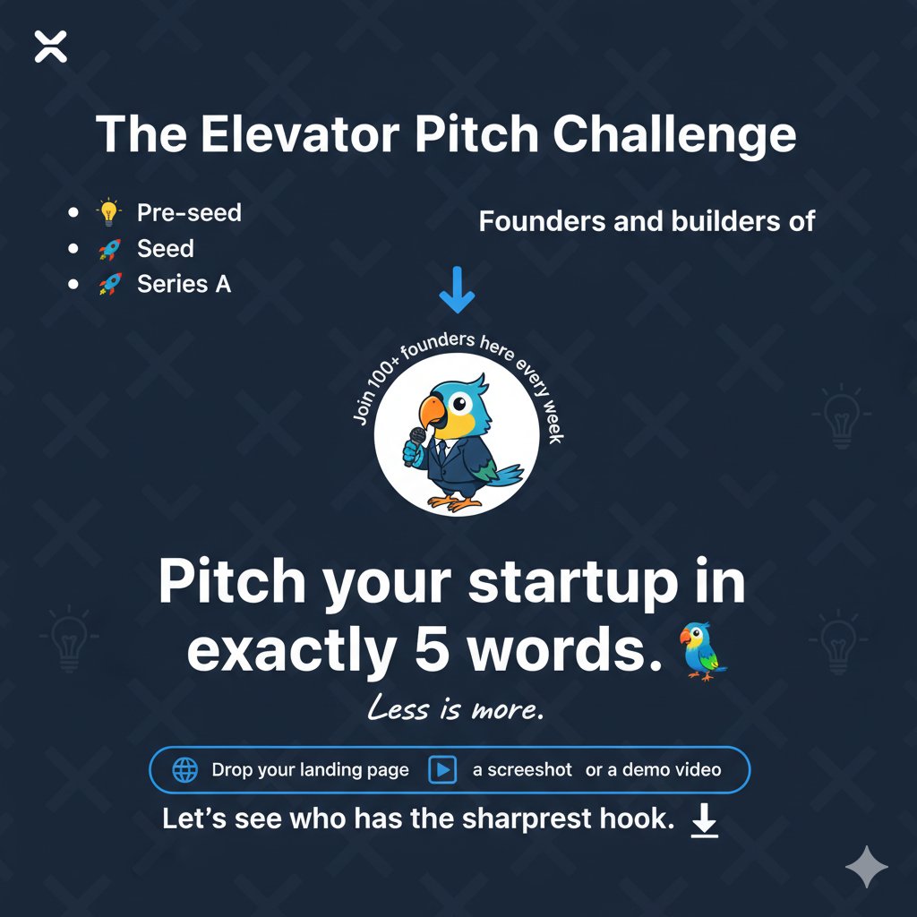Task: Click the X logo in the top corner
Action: coord(51,47)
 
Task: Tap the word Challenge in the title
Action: coord(673,134)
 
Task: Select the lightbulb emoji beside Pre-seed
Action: coord(108,213)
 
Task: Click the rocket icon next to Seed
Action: coord(108,249)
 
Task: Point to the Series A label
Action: coord(184,284)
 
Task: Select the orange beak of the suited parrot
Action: coord(433,413)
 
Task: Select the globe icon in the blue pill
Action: coord(184,769)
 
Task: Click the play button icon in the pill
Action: coord(442,769)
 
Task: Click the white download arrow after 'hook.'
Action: coord(706,820)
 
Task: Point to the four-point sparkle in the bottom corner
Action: coord(867,866)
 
